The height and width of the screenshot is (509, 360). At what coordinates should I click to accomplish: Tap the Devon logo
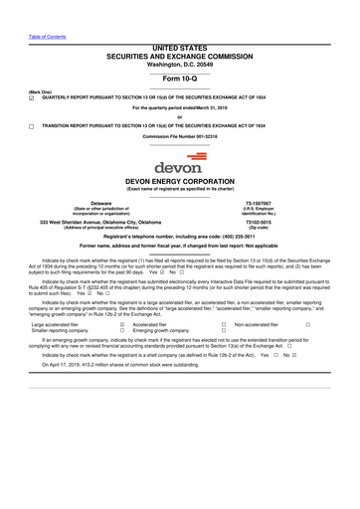point(179,162)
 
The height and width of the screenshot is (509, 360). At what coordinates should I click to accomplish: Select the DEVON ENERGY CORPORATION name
point(179,182)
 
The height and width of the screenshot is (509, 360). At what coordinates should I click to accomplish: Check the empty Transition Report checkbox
point(31,127)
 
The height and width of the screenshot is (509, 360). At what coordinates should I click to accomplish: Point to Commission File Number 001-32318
point(179,136)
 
